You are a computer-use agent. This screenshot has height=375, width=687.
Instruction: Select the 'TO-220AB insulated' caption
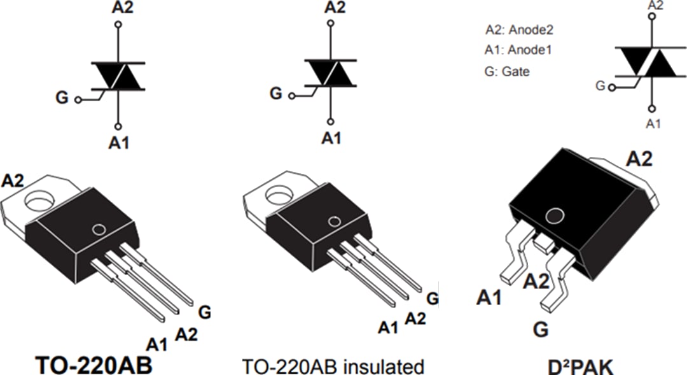click(333, 367)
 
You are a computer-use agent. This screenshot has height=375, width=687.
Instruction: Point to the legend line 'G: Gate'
click(506, 71)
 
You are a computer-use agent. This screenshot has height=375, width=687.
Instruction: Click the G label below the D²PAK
click(540, 330)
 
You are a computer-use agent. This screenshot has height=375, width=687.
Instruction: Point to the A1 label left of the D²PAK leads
click(489, 297)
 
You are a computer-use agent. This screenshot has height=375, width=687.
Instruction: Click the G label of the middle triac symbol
click(275, 94)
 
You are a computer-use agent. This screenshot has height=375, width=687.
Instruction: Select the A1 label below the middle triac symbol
click(331, 138)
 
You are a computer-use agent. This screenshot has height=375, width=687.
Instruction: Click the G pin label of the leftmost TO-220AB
click(204, 312)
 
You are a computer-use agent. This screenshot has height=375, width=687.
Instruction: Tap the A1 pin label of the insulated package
click(387, 327)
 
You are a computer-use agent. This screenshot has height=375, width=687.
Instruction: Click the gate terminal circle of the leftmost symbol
click(78, 100)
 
